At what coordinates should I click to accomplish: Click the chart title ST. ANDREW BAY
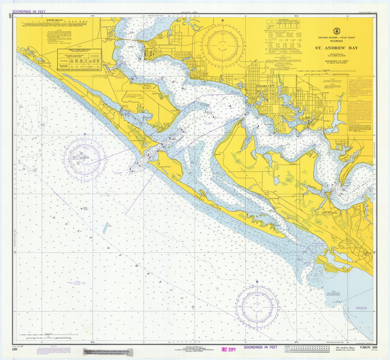point(337,47)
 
